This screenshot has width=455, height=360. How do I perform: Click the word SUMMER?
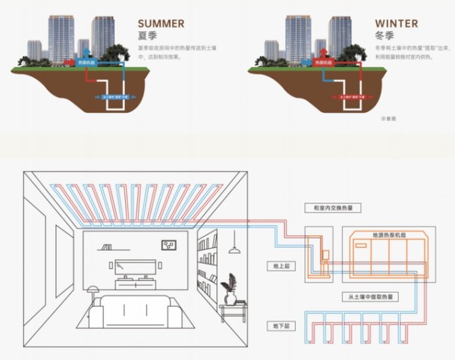tap(162, 22)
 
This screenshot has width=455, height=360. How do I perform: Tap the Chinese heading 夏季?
tap(148, 36)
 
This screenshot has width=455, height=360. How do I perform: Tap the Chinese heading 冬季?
tap(385, 36)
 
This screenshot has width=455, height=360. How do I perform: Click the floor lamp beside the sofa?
tap(93, 296)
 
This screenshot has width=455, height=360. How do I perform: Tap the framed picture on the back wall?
tap(169, 244)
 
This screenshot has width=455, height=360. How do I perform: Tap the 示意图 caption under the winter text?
tap(389, 119)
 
